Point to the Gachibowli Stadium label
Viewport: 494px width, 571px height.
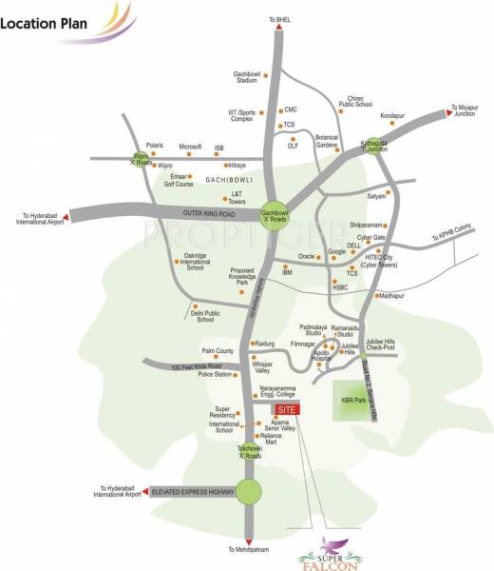coord(246,78)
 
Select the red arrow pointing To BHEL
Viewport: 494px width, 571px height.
coord(278,30)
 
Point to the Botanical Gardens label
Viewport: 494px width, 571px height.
coord(327,140)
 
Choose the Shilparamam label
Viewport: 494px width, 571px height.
coord(367,225)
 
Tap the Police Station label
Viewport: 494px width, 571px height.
coord(215,375)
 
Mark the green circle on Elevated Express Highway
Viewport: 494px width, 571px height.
coord(248,491)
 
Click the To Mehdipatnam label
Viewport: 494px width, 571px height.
coord(250,550)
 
